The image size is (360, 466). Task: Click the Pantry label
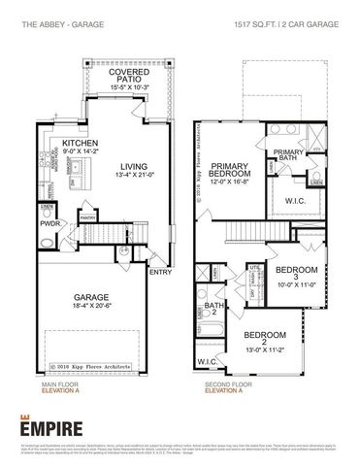tap(87, 217)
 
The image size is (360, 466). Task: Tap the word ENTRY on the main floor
tap(159, 273)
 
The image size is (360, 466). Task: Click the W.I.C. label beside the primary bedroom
tap(295, 202)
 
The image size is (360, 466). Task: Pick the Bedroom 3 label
tap(296, 273)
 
